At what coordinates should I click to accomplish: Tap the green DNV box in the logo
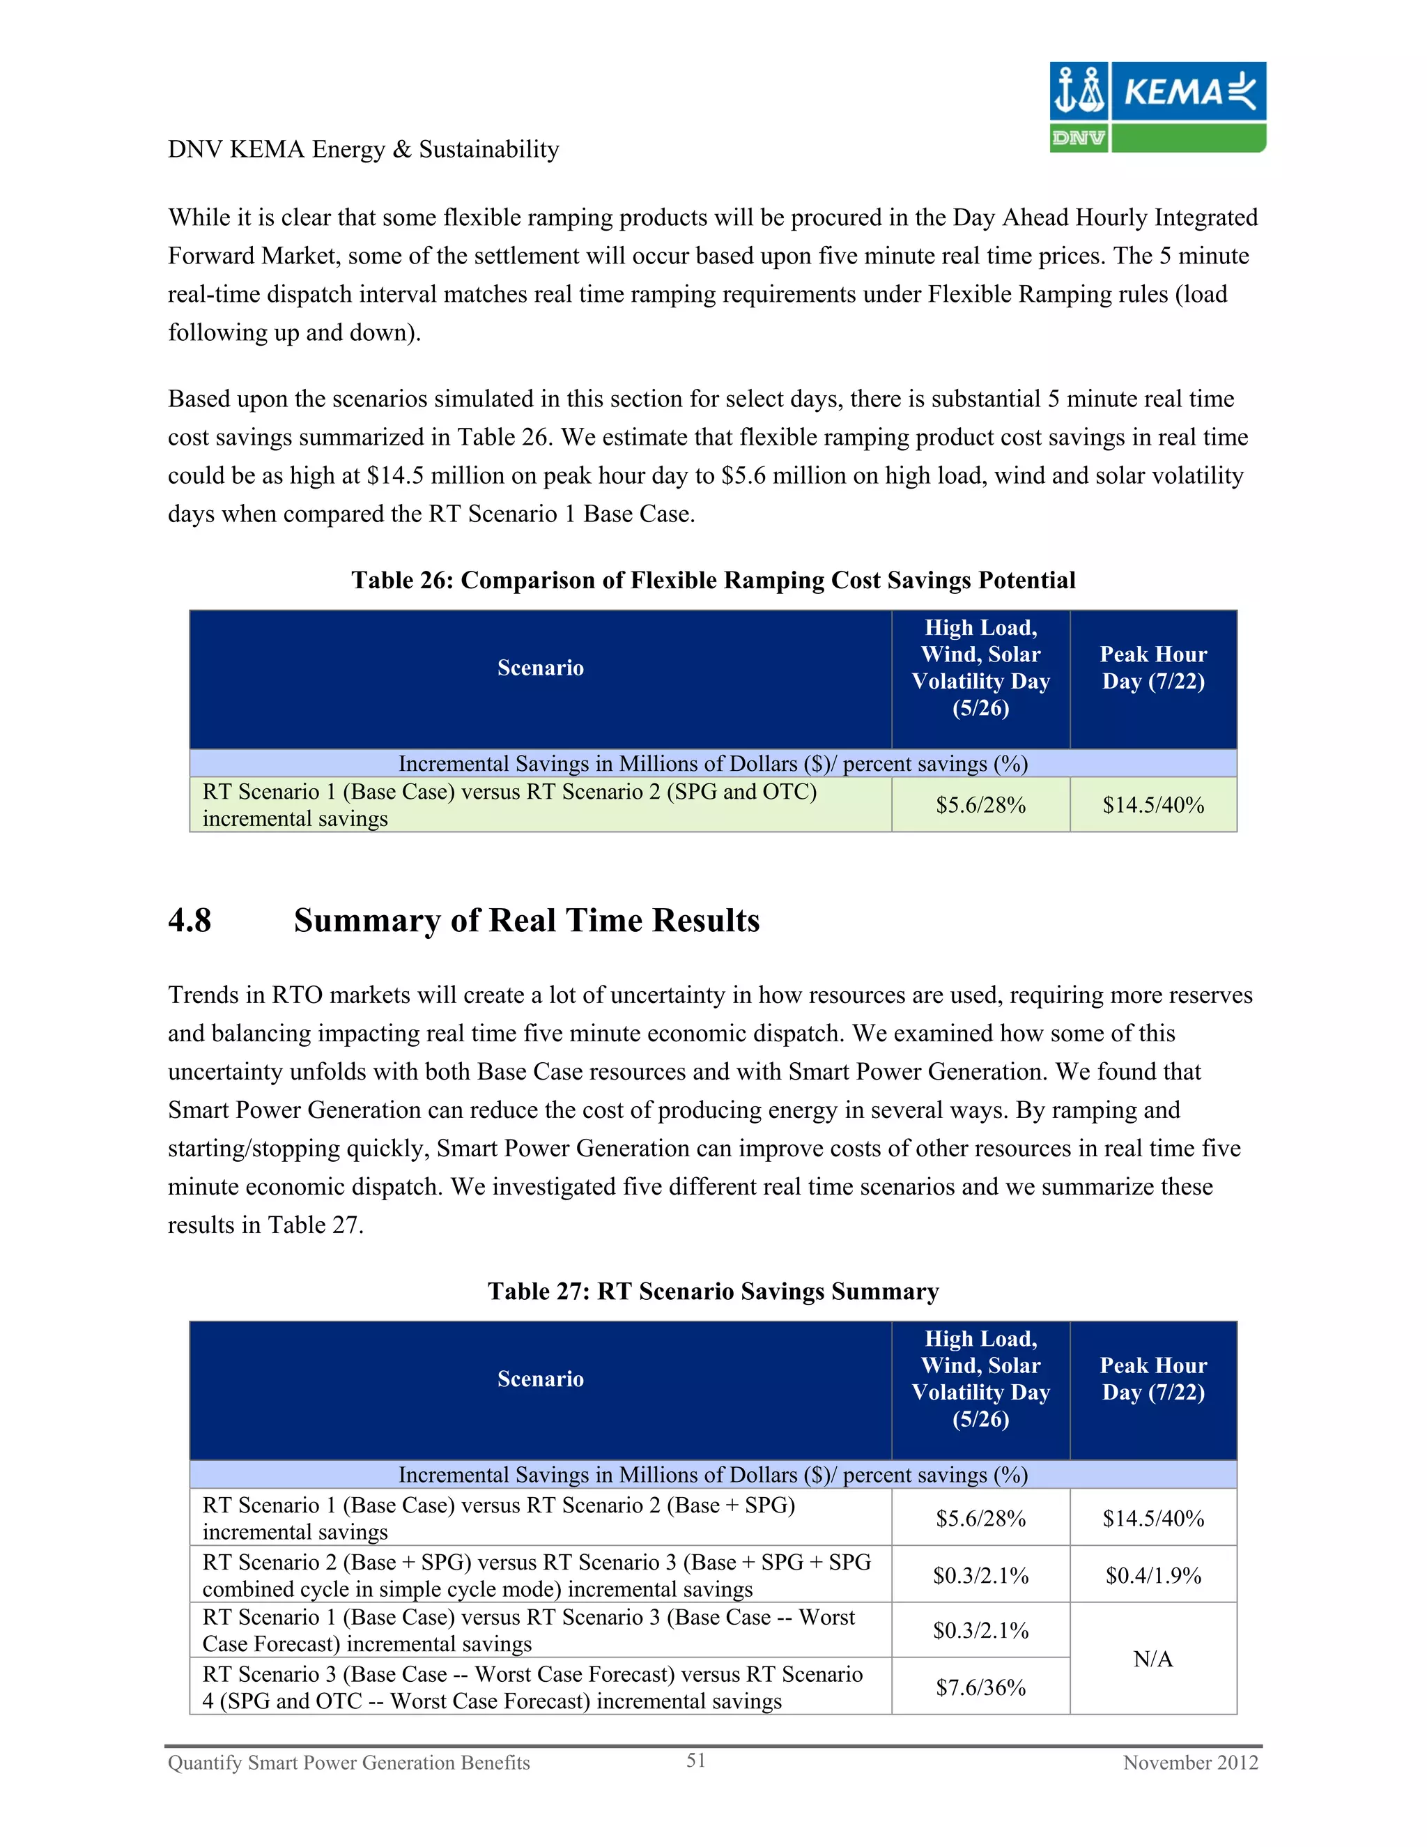tap(1078, 138)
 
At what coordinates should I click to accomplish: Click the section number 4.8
tap(190, 920)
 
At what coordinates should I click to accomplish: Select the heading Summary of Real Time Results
tap(526, 920)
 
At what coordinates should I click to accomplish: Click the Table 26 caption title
tap(713, 580)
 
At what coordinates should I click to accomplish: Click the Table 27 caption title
tap(713, 1292)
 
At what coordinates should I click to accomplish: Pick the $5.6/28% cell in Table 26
tap(980, 805)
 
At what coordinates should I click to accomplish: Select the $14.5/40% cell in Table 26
tap(1152, 805)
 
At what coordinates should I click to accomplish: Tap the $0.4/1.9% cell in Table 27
tap(1152, 1574)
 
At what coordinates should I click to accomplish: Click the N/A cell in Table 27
tap(1152, 1658)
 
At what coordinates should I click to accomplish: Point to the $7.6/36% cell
tap(980, 1687)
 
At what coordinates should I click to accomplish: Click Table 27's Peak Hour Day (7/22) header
tap(1152, 1379)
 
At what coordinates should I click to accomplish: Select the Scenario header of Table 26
tap(540, 668)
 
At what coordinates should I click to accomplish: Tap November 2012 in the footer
tap(1189, 1763)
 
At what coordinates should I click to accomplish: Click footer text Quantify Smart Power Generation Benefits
tap(348, 1763)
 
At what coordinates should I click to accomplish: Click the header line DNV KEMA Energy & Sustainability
tap(364, 150)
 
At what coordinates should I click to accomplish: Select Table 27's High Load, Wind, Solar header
tap(980, 1379)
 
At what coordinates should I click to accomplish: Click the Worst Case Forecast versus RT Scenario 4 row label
tap(532, 1687)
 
